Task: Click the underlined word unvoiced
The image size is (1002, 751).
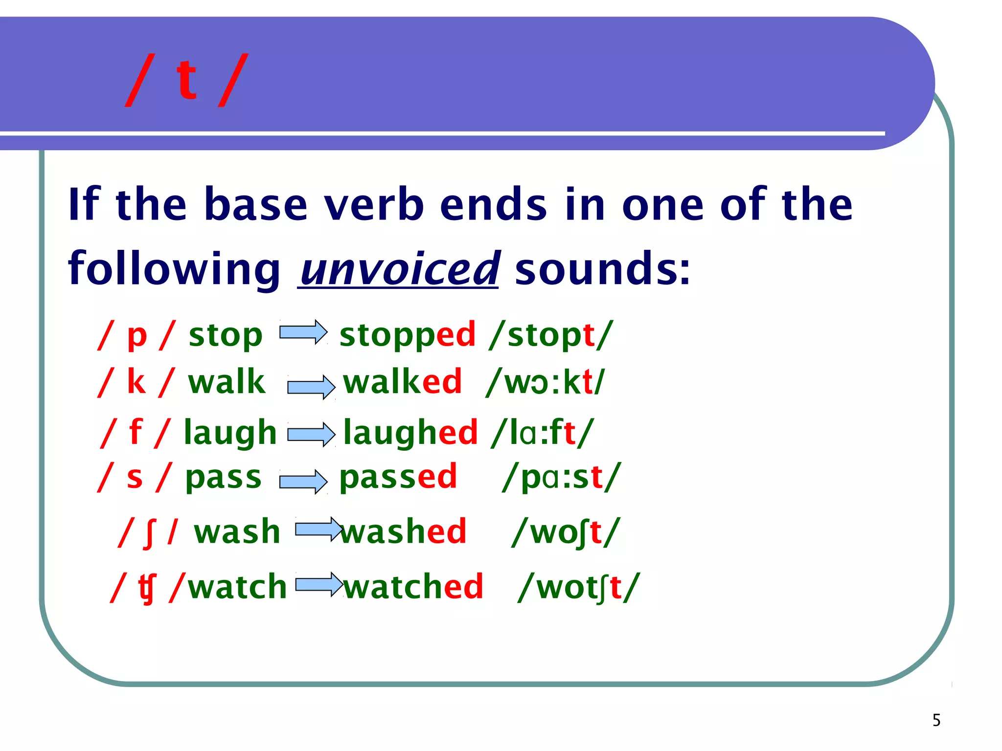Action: [399, 269]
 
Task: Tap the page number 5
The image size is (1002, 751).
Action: [936, 720]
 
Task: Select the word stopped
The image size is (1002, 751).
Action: [407, 335]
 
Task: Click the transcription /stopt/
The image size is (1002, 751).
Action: [550, 335]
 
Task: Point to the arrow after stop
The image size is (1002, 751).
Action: [303, 332]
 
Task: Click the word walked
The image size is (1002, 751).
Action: [402, 382]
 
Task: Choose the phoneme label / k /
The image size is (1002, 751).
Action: [136, 382]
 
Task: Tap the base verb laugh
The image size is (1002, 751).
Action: [230, 433]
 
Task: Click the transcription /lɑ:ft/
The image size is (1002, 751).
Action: [543, 433]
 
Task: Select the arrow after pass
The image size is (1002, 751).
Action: [303, 482]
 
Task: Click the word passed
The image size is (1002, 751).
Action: [398, 477]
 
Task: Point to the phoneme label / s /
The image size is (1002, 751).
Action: [135, 477]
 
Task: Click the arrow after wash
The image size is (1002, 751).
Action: [319, 529]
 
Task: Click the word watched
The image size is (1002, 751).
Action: [413, 587]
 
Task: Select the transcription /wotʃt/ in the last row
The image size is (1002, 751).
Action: [579, 587]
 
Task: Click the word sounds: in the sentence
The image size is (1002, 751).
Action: [602, 269]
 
